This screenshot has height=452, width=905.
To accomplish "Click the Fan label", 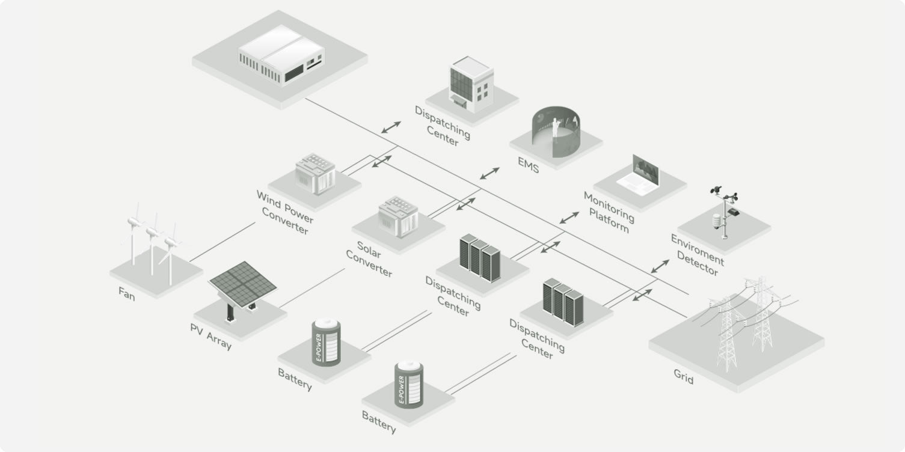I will click(x=127, y=293).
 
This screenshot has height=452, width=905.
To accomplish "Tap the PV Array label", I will click(x=210, y=337).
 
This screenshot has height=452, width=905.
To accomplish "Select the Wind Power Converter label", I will click(x=284, y=213).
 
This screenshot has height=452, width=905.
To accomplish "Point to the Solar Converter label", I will click(x=369, y=258).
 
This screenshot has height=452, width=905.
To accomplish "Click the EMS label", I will click(x=529, y=164).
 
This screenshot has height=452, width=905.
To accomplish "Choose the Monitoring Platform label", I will click(x=609, y=212).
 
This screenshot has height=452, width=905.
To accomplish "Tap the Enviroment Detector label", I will click(x=698, y=255).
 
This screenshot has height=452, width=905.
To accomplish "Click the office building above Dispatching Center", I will click(x=471, y=85).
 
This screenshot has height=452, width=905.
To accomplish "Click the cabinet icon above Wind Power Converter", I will click(x=315, y=174).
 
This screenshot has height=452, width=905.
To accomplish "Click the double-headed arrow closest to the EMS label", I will click(x=490, y=173).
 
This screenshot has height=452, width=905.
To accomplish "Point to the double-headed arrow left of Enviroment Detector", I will click(x=660, y=266).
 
